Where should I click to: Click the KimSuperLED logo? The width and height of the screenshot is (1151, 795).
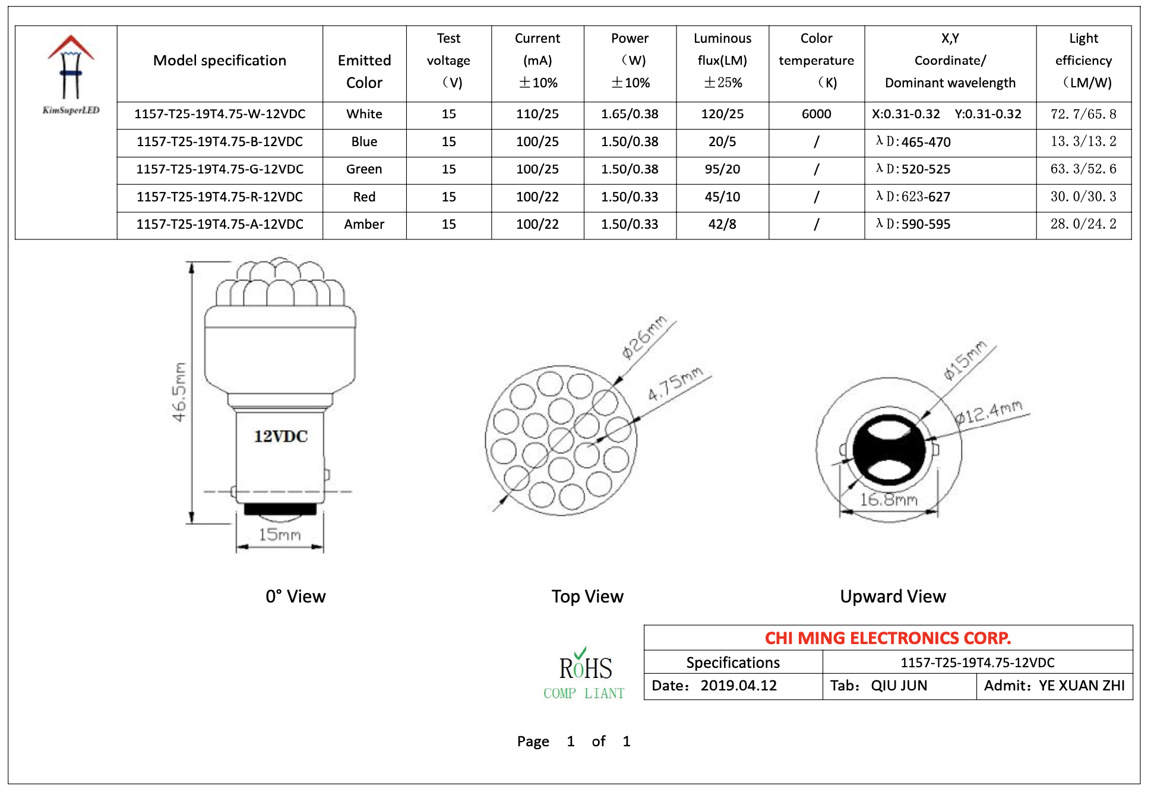[71, 75]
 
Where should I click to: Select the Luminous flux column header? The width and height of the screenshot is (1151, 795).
[722, 61]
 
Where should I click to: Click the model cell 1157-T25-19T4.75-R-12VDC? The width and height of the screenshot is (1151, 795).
[220, 197]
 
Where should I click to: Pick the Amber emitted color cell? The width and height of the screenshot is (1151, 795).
[364, 225]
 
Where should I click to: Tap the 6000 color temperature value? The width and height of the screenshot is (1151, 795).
[816, 114]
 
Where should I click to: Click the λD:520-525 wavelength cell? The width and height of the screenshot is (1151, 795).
[913, 169]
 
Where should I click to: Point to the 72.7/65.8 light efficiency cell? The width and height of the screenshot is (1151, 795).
[1083, 114]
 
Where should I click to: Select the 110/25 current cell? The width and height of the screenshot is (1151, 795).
[537, 114]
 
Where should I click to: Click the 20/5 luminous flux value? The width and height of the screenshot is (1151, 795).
[722, 142]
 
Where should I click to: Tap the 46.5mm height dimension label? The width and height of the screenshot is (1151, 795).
[179, 392]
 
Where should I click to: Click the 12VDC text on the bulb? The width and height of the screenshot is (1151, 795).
[281, 437]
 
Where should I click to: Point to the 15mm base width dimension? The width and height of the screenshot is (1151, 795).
[280, 535]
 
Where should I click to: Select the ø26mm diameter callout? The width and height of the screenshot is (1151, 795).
[644, 337]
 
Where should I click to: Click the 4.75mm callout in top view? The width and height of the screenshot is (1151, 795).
[675, 384]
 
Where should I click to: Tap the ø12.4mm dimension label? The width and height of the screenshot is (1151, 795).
[989, 412]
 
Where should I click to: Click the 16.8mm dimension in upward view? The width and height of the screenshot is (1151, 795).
[888, 500]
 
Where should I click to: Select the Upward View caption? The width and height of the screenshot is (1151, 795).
[893, 597]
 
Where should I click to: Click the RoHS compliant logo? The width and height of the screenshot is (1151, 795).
[584, 675]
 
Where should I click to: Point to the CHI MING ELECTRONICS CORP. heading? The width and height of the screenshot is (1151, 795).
[887, 638]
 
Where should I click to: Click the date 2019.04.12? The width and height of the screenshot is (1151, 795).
[738, 686]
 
